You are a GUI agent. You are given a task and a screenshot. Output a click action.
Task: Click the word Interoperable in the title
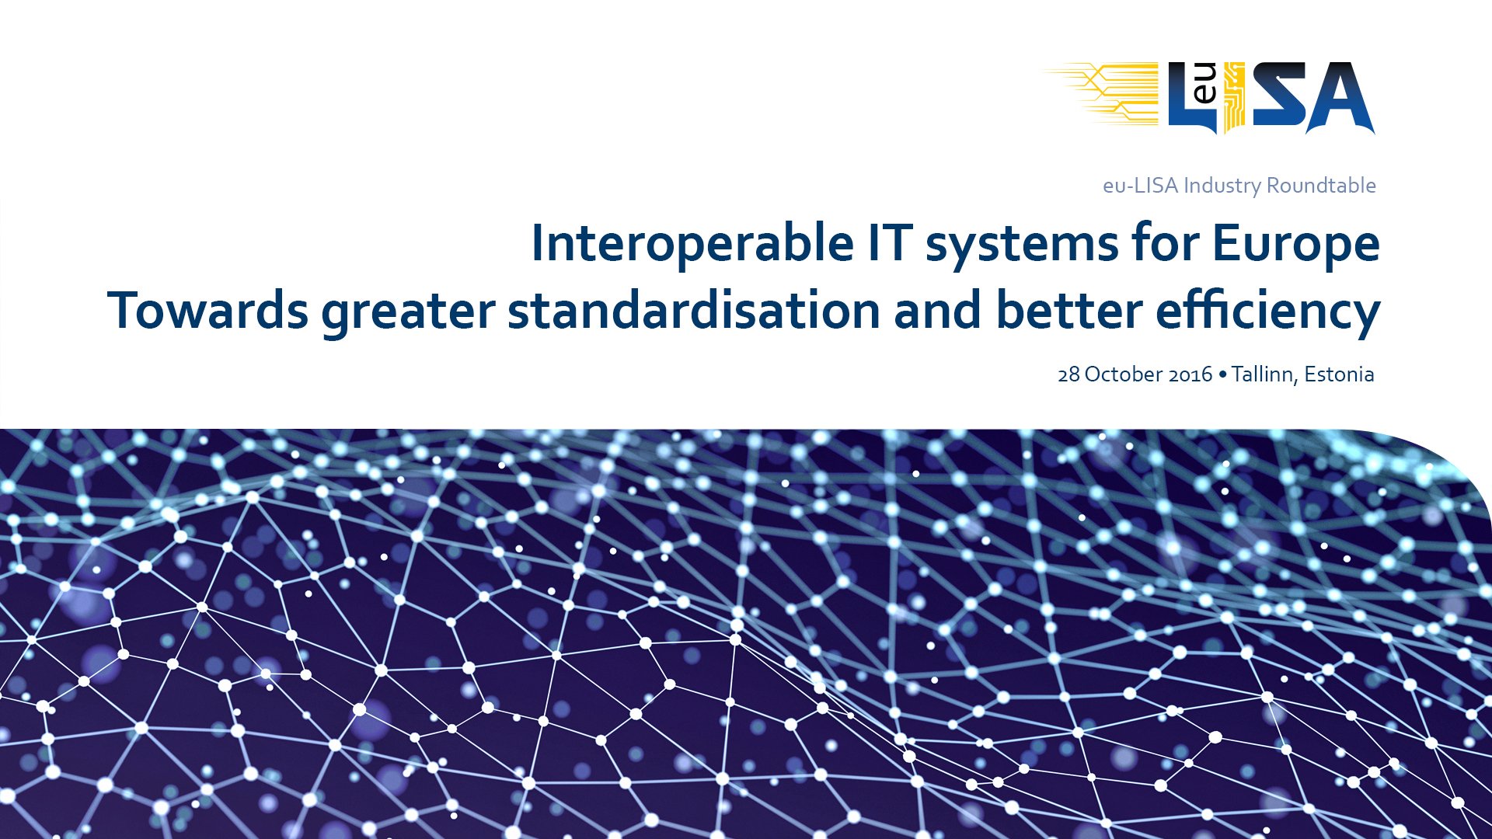point(692,243)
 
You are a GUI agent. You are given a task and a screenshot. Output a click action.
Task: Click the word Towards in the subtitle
point(207,310)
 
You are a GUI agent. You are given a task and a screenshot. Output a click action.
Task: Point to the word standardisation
point(694,310)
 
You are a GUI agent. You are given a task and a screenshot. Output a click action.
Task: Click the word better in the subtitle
point(1069,310)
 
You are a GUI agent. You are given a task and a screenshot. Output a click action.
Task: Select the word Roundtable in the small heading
point(1321,186)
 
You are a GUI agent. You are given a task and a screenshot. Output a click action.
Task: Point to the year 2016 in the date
point(1190,375)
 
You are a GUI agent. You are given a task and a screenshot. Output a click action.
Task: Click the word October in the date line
point(1123,374)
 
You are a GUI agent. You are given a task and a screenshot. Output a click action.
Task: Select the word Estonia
point(1339,374)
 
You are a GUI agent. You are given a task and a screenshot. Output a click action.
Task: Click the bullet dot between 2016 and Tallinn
point(1223,374)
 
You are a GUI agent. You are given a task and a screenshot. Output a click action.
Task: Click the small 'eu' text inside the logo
point(1204,84)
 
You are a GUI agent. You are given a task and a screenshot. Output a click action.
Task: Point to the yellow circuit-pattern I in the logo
point(1234,98)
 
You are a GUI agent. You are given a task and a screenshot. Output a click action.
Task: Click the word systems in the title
point(1023,246)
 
